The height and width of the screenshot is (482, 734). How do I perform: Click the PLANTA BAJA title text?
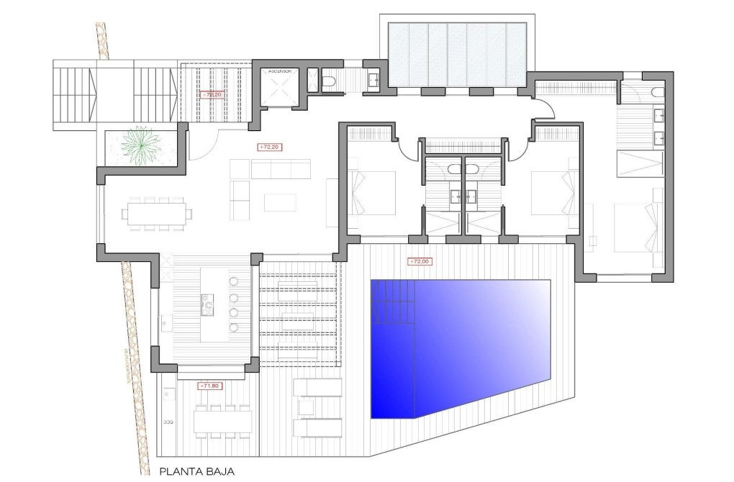tap(193, 472)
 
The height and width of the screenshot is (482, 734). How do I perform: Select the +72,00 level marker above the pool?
tap(419, 262)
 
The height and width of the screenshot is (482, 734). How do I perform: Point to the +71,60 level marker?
tap(211, 386)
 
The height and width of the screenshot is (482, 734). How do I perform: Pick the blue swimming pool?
tap(461, 345)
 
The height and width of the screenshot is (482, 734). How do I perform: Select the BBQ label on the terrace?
tap(168, 421)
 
